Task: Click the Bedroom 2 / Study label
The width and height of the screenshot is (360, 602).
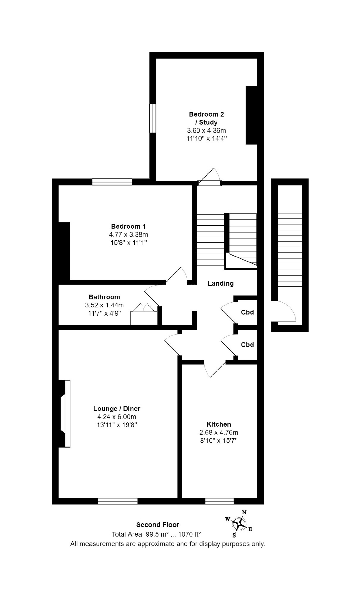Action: pyautogui.click(x=206, y=118)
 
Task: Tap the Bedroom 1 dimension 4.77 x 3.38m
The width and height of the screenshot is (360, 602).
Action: pyautogui.click(x=128, y=235)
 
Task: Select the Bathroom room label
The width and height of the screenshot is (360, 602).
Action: pyautogui.click(x=104, y=297)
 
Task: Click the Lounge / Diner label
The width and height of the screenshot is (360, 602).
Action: pyautogui.click(x=117, y=408)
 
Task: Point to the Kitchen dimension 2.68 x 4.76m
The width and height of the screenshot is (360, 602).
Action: pyautogui.click(x=219, y=432)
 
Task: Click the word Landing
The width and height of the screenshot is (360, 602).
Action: pyautogui.click(x=221, y=283)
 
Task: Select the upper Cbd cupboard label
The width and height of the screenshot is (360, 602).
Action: pyautogui.click(x=247, y=312)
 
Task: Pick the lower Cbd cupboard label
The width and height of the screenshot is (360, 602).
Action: pyautogui.click(x=247, y=345)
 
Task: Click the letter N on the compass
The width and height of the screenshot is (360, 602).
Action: pyautogui.click(x=244, y=512)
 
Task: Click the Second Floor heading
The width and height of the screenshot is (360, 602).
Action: pyautogui.click(x=158, y=525)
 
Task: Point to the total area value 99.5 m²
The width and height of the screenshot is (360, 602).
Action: pyautogui.click(x=157, y=534)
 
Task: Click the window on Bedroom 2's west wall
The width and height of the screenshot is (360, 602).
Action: pyautogui.click(x=153, y=118)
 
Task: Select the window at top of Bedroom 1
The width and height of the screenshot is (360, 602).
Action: pyautogui.click(x=112, y=182)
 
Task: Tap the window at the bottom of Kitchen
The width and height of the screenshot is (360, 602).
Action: pyautogui.click(x=219, y=501)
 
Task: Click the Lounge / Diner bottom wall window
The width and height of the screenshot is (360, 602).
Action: pyautogui.click(x=118, y=501)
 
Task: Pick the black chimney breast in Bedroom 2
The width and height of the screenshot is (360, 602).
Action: pyautogui.click(x=251, y=115)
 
